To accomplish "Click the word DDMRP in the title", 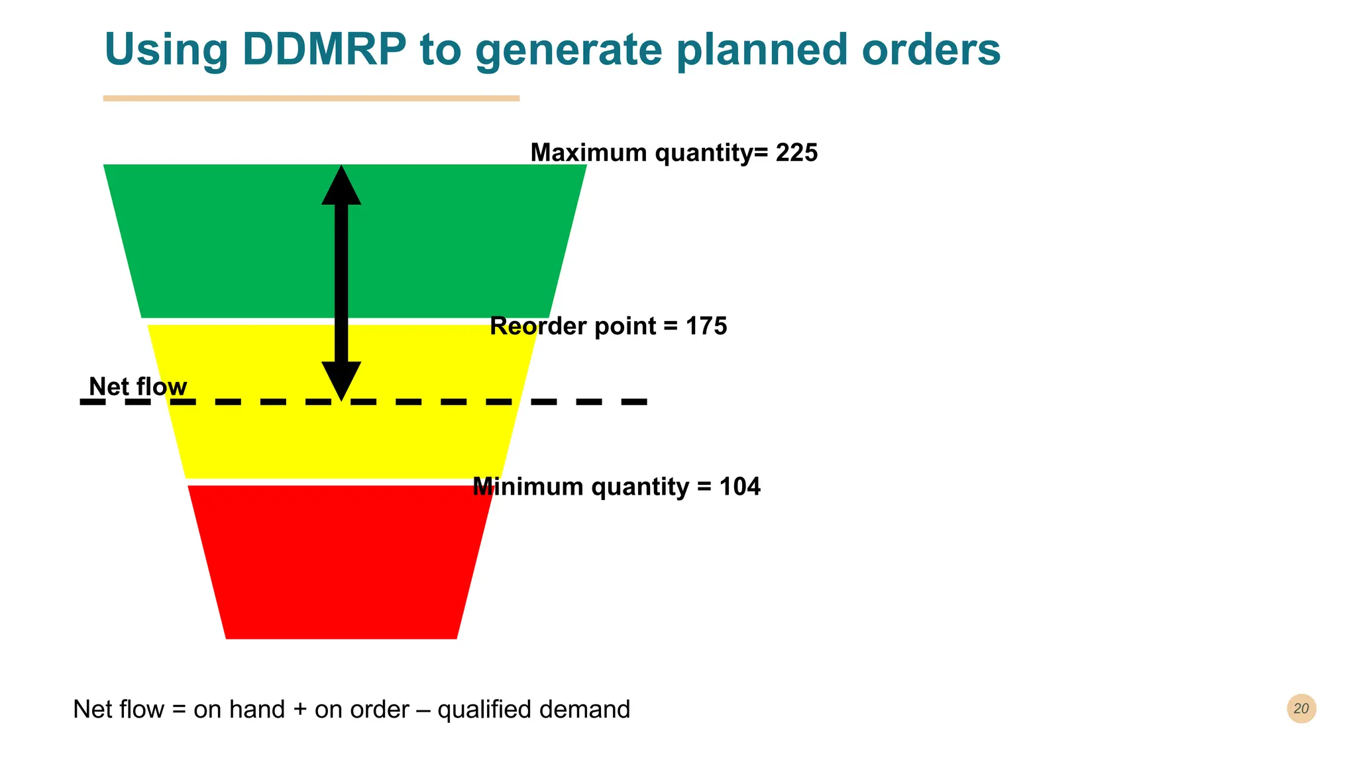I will click(x=324, y=50).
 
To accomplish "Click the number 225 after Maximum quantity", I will click(x=796, y=153).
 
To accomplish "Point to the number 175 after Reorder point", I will click(x=706, y=326).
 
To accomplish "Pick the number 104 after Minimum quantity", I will click(x=739, y=487).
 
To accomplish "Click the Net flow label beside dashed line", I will click(x=138, y=387).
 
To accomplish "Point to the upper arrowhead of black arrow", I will click(x=341, y=186).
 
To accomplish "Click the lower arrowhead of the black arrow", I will click(x=341, y=380).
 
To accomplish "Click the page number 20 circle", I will click(x=1301, y=708).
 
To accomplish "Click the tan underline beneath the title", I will click(x=311, y=98).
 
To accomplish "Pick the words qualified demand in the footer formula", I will click(x=533, y=710).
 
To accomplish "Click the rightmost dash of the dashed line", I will click(x=633, y=402).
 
